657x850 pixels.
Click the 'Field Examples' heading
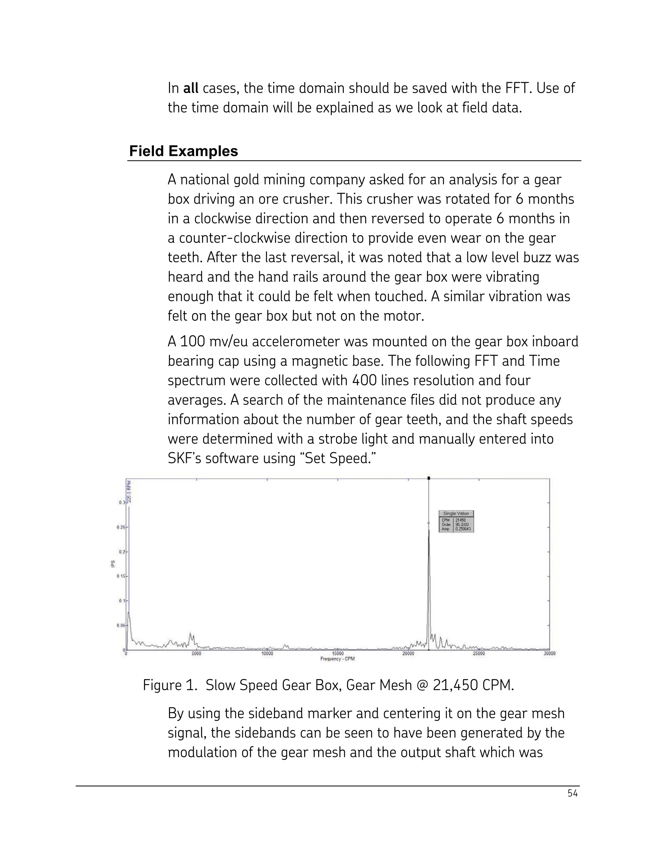[x=183, y=151]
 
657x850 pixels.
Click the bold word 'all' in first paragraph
[x=191, y=88]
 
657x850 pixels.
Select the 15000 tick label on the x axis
[x=337, y=653]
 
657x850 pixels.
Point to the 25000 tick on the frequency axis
[x=479, y=653]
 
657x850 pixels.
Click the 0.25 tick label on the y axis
[x=121, y=527]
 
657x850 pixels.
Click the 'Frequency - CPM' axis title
[x=337, y=659]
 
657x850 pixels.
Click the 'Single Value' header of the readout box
[x=456, y=513]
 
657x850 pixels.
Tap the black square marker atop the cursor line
[x=429, y=478]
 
